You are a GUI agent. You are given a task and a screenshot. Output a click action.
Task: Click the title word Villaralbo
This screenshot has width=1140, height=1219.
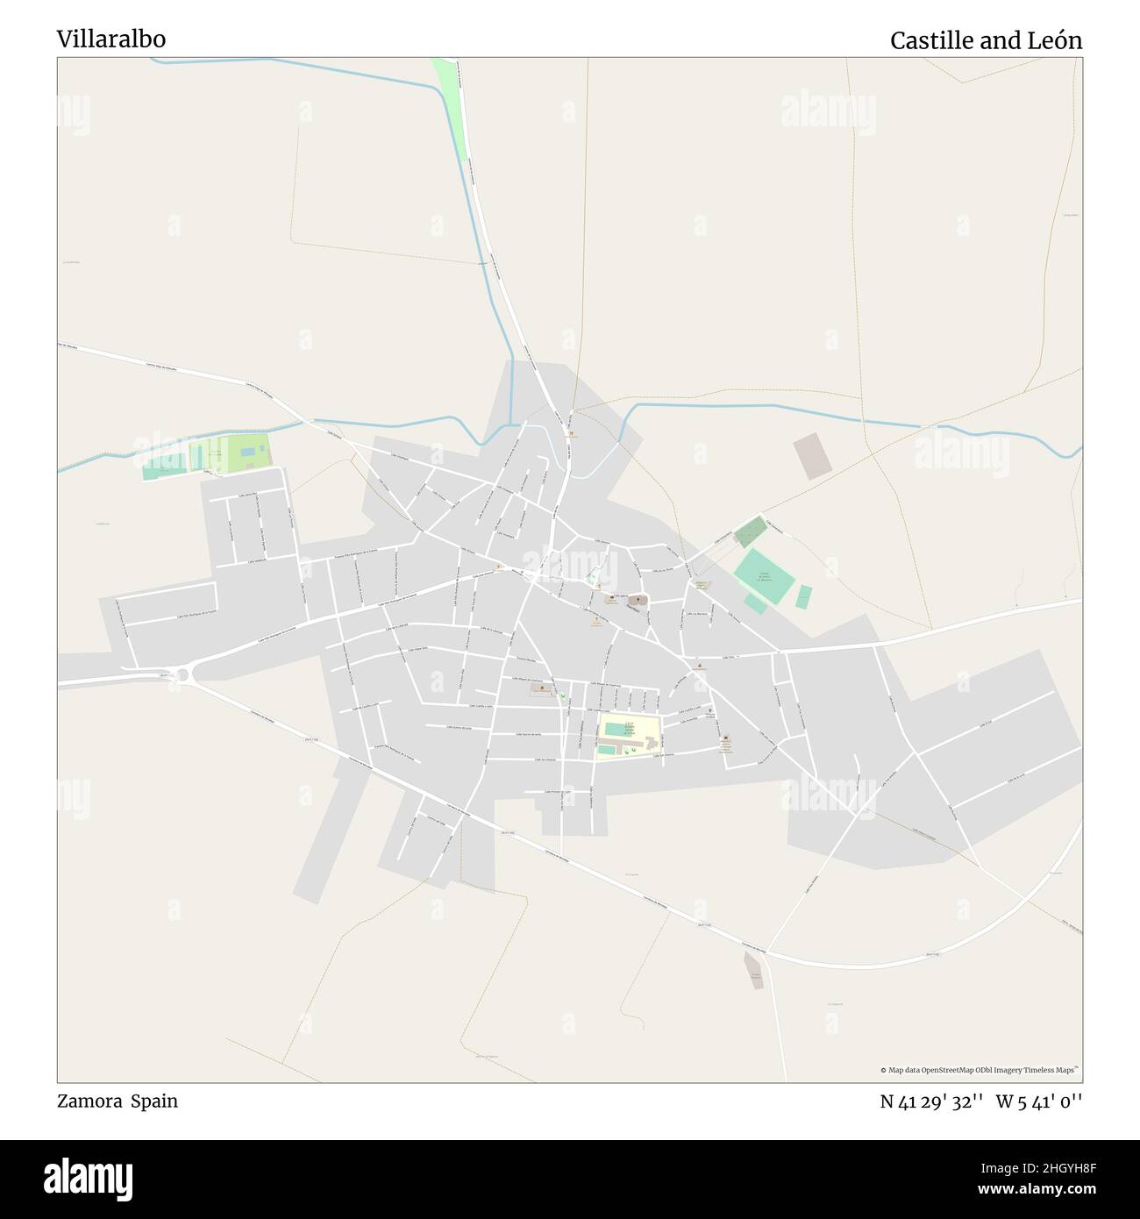(111, 39)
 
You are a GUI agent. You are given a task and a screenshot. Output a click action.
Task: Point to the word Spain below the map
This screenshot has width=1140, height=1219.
(154, 1101)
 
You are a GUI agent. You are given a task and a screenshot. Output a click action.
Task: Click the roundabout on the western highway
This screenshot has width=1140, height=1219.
(183, 674)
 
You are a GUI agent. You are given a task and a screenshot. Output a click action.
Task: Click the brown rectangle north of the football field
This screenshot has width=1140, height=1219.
(809, 456)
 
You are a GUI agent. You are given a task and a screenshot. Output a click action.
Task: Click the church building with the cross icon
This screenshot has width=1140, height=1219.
(638, 601)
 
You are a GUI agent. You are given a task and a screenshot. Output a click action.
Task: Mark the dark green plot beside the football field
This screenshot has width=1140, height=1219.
(750, 532)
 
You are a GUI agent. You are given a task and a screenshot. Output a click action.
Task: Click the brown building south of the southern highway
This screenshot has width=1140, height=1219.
(753, 972)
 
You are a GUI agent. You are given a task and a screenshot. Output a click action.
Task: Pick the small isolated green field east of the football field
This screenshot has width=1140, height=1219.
(803, 596)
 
